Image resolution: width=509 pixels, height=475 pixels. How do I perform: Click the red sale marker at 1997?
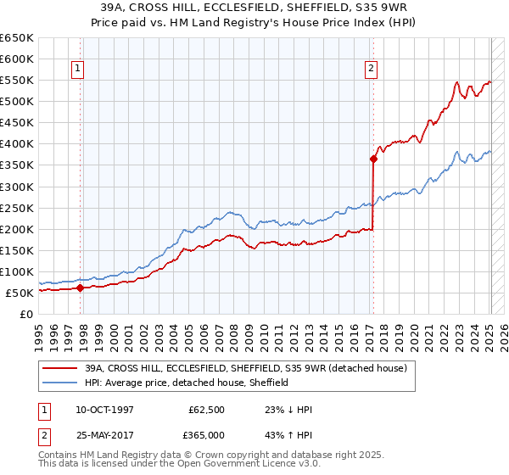click(x=81, y=288)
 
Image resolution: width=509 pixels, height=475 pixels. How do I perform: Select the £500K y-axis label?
click(x=17, y=102)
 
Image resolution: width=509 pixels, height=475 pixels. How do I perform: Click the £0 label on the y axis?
click(x=25, y=314)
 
